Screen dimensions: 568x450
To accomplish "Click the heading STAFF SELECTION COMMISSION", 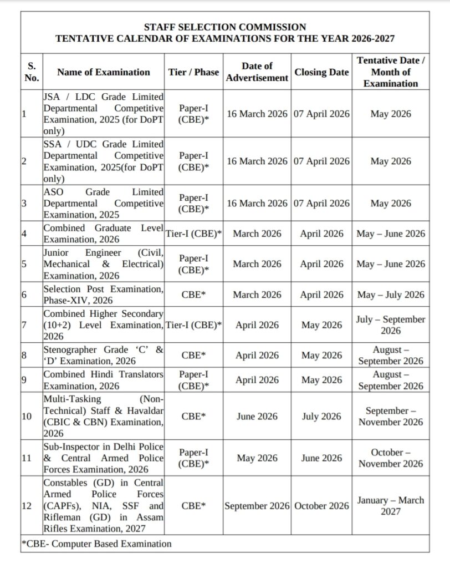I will point(224,27).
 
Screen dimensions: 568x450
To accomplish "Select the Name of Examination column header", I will point(104,72).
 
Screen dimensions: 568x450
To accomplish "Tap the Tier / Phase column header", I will point(193,72).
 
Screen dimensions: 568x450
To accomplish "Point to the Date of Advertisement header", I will point(257,72).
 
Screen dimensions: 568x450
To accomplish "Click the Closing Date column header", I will point(321,72).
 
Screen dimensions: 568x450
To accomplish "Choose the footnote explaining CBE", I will point(96,544).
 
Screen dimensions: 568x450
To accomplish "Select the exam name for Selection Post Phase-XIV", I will point(104,295).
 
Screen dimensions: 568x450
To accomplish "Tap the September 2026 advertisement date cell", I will point(257,505).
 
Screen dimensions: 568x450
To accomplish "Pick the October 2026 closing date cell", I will point(321,505).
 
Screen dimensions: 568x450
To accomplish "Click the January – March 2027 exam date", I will point(390,505).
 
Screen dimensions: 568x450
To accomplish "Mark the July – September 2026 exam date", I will point(390,325).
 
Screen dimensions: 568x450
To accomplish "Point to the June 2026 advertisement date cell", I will point(257,416).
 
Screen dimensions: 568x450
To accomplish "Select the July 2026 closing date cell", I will point(321,416).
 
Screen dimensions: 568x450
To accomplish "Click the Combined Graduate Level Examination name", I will point(104,234).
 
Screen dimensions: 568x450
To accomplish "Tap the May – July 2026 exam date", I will point(390,295).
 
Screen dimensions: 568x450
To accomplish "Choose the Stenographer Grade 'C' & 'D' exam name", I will point(104,355).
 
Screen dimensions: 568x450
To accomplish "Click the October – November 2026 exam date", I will point(390,458).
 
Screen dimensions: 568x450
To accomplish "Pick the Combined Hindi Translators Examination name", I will point(104,380).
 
